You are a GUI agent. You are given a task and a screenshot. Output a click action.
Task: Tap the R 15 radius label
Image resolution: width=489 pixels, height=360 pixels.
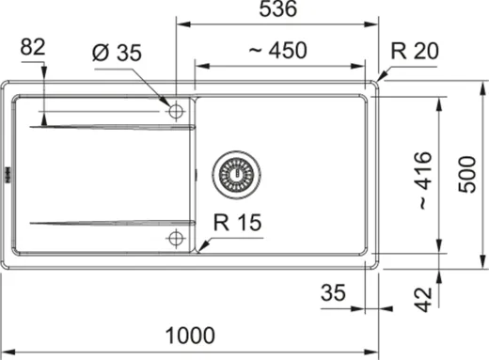[236, 223]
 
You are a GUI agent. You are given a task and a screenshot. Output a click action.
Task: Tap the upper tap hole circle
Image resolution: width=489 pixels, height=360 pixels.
[175, 110]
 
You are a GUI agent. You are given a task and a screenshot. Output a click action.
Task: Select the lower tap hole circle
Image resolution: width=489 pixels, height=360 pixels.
[175, 238]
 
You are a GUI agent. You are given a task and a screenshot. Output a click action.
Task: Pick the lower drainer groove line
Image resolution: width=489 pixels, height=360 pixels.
[113, 223]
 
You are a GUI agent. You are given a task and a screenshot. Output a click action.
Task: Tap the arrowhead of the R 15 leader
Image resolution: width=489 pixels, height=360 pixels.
[198, 250]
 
